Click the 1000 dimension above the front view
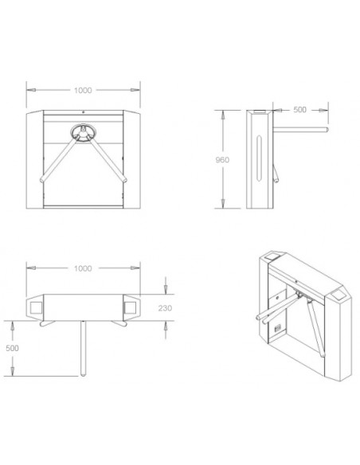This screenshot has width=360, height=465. [x=82, y=90]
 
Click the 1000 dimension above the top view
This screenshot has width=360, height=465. [x=82, y=269]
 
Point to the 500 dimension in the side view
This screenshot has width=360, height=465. [x=300, y=110]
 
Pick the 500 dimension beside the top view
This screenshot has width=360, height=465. [x=13, y=349]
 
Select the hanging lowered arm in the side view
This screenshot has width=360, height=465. [x=275, y=172]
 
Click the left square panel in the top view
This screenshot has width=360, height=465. [x=36, y=307]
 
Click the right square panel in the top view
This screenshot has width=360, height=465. [x=131, y=307]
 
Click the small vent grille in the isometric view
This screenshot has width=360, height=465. [x=277, y=327]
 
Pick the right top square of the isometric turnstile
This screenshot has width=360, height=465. [x=342, y=294]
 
